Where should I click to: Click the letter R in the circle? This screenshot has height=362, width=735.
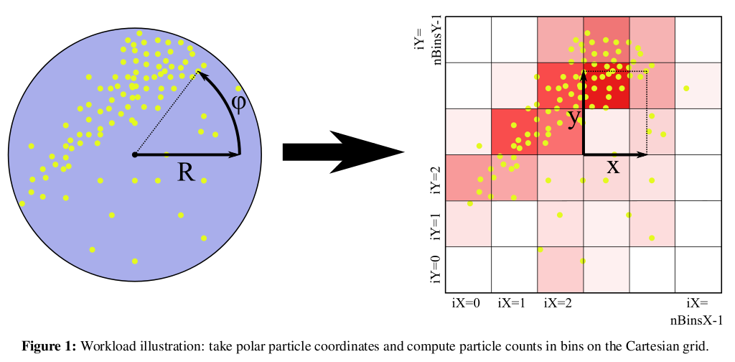pyautogui.click(x=187, y=172)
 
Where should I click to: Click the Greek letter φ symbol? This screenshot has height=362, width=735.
pyautogui.click(x=239, y=103)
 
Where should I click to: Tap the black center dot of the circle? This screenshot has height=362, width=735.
pyautogui.click(x=134, y=154)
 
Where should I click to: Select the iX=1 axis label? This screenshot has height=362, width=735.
pyautogui.click(x=512, y=303)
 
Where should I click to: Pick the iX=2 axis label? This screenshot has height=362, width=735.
pyautogui.click(x=558, y=303)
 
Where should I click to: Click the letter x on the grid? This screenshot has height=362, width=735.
pyautogui.click(x=612, y=167)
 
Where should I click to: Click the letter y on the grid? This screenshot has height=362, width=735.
pyautogui.click(x=573, y=119)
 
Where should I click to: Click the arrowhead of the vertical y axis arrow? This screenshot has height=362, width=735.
pyautogui.click(x=584, y=73)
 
